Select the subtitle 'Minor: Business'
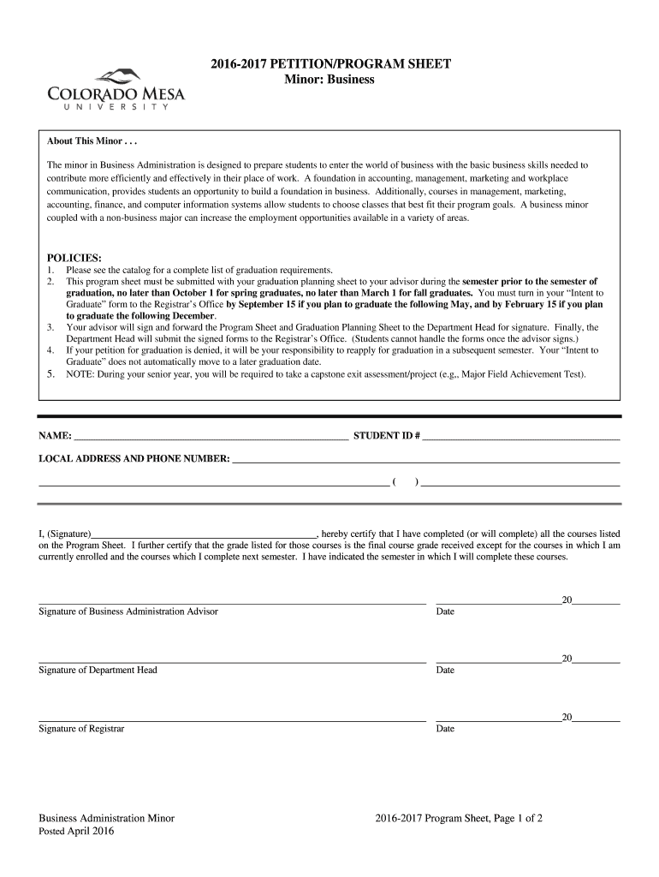click(x=329, y=80)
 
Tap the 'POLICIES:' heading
click(x=74, y=258)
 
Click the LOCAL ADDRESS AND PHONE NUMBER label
click(x=134, y=459)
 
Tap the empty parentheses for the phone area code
click(x=405, y=481)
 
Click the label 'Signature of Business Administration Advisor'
click(x=128, y=612)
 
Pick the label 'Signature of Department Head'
click(x=98, y=670)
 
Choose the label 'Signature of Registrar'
click(x=81, y=729)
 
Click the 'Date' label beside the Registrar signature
click(x=445, y=729)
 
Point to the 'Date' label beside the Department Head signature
click(x=445, y=670)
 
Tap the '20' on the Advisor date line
click(x=567, y=600)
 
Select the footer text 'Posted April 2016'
click(x=76, y=832)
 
